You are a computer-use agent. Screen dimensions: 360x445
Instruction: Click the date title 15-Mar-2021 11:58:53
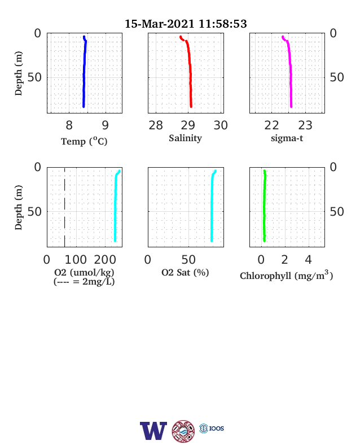[x=186, y=24]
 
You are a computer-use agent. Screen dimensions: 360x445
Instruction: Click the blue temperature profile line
[x=84, y=71]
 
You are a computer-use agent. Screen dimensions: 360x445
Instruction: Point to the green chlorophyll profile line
[x=264, y=206]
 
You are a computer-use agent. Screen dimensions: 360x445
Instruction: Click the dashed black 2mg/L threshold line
[x=65, y=207]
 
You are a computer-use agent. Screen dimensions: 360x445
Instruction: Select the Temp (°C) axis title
[x=84, y=141]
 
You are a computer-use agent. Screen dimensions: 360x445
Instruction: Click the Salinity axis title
[x=186, y=138]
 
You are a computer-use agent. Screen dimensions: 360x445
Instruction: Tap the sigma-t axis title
[x=287, y=138]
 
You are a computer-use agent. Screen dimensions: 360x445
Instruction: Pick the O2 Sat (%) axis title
[x=185, y=272]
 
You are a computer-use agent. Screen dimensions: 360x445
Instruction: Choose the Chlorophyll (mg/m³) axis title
[x=286, y=275]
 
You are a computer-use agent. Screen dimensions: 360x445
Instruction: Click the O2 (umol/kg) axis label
[x=84, y=272]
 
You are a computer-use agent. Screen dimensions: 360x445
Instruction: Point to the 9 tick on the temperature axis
[x=105, y=125]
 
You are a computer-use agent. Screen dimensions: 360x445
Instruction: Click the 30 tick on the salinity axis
[x=221, y=125]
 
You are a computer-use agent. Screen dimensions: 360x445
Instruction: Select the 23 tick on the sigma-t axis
[x=305, y=125]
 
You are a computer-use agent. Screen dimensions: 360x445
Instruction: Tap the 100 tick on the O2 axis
[x=76, y=260]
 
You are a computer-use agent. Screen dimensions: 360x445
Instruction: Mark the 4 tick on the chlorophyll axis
[x=309, y=260]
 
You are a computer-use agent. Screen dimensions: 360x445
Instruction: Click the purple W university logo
[x=153, y=431]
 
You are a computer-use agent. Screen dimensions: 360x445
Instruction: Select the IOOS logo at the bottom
[x=212, y=428]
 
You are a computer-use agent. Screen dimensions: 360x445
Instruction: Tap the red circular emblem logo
[x=183, y=431]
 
